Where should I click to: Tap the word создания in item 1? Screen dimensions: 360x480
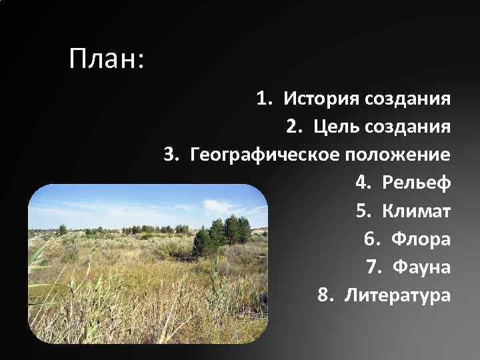(408, 99)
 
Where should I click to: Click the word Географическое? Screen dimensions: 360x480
(266, 155)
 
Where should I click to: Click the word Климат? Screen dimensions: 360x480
(417, 211)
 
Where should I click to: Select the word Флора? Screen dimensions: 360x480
(421, 239)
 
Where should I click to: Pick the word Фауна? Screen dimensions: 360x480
(422, 267)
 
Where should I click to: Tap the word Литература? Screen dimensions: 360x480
(397, 295)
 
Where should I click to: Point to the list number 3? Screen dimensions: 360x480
(171, 155)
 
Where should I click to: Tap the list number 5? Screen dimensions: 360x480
(363, 211)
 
